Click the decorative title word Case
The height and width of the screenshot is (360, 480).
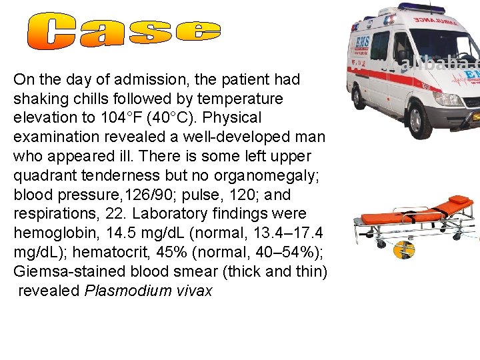125,32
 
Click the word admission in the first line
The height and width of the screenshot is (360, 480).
142,79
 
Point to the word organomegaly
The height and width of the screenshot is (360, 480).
266,176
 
